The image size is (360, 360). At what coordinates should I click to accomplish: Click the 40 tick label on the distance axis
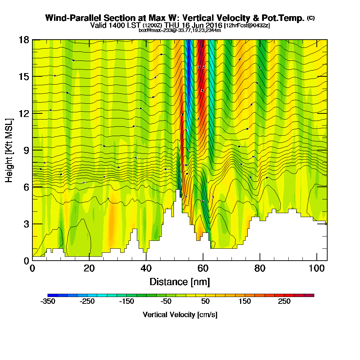coord(146,269)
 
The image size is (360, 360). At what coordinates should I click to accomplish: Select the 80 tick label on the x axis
coord(260,269)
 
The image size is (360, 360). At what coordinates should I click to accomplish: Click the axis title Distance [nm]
coord(180,282)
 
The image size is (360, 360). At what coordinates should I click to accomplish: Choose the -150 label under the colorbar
coord(126,302)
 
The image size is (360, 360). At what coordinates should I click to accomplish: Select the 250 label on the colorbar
coord(284,302)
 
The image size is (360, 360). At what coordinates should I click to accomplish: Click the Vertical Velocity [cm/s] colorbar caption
coord(180,315)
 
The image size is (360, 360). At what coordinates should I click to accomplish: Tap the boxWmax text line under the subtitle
coord(180,30)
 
